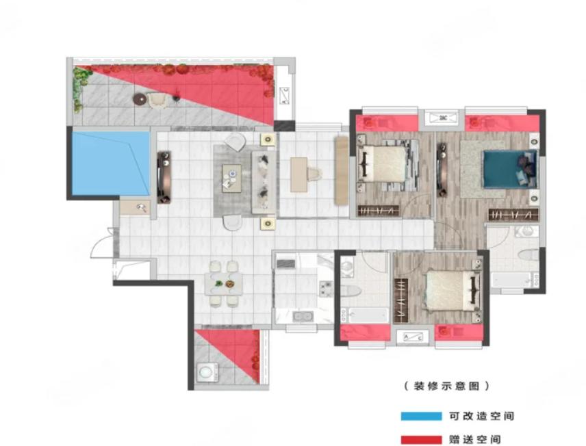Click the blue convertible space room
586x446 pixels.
(111, 163)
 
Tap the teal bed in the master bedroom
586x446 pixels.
(510, 168)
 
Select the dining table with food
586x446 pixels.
(223, 284)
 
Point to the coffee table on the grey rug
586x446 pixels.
(232, 179)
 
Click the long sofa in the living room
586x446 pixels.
(264, 182)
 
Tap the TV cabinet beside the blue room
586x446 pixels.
(164, 177)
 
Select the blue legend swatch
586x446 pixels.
(421, 416)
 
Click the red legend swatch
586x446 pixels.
(421, 440)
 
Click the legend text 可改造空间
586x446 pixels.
(481, 416)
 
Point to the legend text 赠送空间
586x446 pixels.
(474, 440)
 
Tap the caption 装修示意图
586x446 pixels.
(446, 386)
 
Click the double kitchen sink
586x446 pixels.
(303, 317)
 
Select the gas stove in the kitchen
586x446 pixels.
(325, 289)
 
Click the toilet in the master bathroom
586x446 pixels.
(528, 256)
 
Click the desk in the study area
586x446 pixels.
(298, 174)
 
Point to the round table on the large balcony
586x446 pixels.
(140, 99)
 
